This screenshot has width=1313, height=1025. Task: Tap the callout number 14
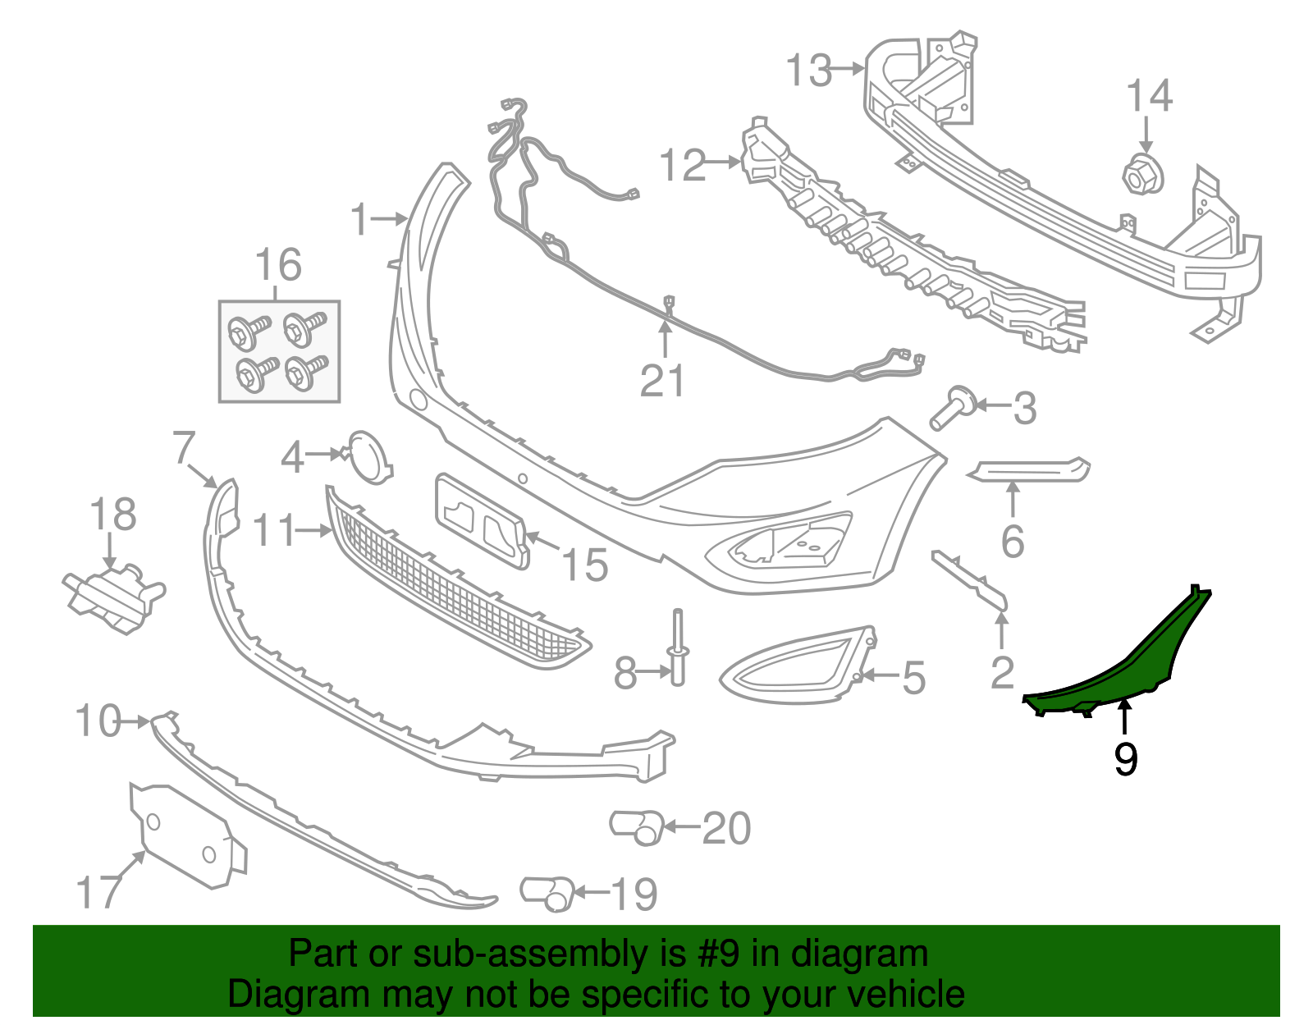coord(1149,97)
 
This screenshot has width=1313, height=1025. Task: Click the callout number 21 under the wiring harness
coord(662,381)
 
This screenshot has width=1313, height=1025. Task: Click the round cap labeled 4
coord(369,456)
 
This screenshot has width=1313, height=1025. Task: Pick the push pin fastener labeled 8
coord(679,648)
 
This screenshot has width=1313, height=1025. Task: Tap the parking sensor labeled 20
coord(637,826)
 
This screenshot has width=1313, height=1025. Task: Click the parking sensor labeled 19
coord(547,893)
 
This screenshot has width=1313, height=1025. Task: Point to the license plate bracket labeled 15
coord(482,519)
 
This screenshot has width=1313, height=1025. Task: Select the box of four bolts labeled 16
coord(279,351)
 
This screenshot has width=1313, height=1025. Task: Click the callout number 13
coord(809,71)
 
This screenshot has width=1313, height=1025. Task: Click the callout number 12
coord(682,165)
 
